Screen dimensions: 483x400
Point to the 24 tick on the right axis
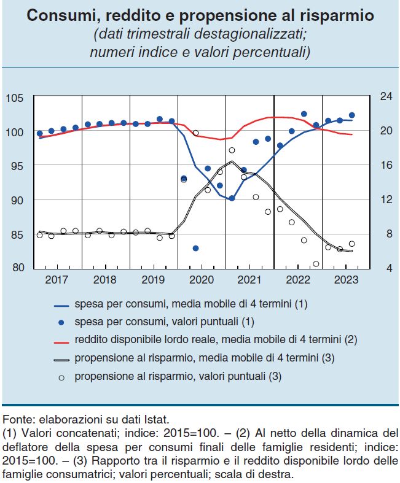(x=385, y=96)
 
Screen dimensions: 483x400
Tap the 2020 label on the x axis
(x=202, y=280)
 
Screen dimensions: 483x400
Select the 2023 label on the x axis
(x=346, y=280)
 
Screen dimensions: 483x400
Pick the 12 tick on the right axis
(x=385, y=199)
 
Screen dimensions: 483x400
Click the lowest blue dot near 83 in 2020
(x=195, y=248)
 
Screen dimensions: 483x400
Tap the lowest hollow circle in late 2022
(x=316, y=264)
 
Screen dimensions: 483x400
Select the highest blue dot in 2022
(x=304, y=114)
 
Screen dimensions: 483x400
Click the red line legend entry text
(x=216, y=339)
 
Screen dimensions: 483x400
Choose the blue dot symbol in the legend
(x=61, y=321)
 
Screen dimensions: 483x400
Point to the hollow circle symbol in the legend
(x=61, y=376)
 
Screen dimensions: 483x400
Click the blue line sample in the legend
(x=61, y=303)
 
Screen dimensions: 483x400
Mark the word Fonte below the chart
(x=18, y=420)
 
